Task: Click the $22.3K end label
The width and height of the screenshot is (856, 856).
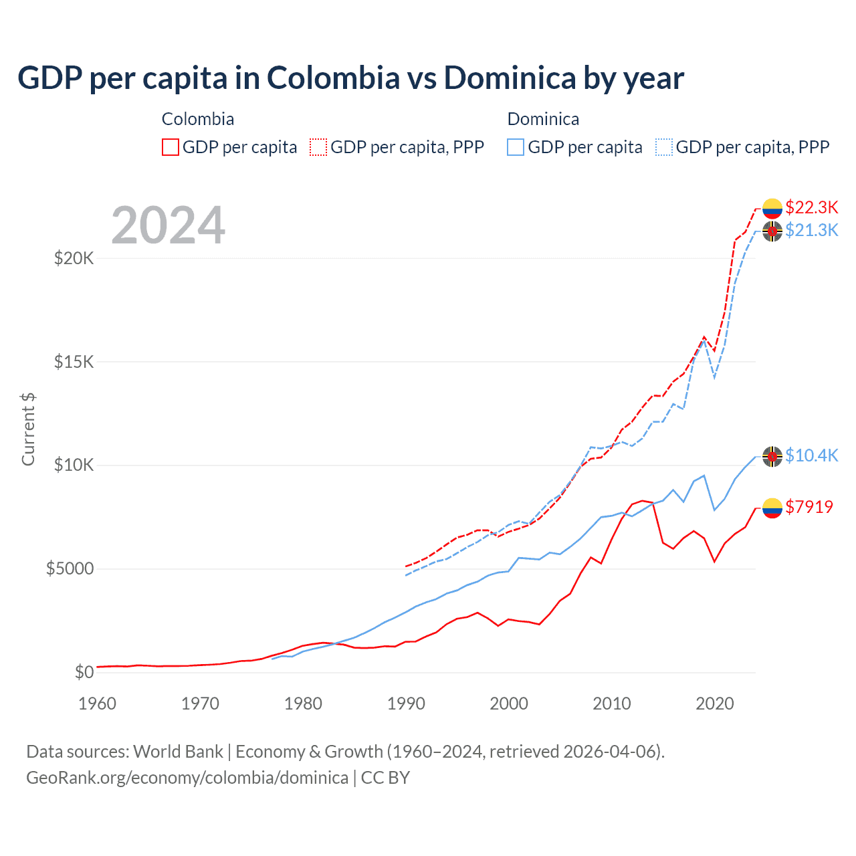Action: point(811,207)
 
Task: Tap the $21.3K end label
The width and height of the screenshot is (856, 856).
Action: point(811,230)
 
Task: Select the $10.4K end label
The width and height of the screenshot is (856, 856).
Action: point(811,455)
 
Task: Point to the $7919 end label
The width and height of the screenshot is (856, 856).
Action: point(809,507)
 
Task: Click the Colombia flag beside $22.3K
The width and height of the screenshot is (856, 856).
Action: point(772,209)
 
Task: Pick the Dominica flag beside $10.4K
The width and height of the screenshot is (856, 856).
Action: point(772,457)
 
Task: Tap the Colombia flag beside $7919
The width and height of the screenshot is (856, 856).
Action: point(772,508)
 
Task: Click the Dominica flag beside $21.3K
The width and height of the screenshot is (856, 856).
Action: point(772,231)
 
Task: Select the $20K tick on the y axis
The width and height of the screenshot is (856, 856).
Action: point(74,258)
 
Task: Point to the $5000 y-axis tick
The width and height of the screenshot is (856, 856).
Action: point(70,569)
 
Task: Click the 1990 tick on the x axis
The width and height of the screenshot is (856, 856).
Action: point(406,704)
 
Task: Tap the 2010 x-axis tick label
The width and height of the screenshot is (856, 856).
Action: point(612,704)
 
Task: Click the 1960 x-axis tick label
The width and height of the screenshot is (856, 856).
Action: point(98,704)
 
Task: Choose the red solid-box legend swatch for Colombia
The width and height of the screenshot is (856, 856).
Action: point(171,147)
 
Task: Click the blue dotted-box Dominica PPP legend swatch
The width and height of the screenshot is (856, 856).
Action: point(664,147)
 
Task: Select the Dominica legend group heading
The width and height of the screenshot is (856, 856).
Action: point(543,119)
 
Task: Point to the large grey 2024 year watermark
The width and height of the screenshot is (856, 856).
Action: point(168,225)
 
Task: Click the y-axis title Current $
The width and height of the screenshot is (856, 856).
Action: point(28,429)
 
